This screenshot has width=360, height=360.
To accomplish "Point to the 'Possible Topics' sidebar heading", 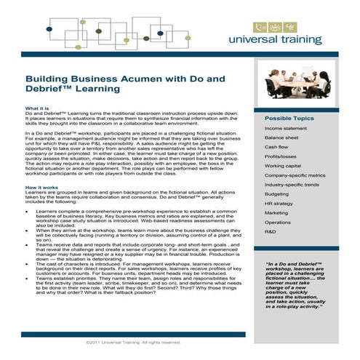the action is pyautogui.click(x=289, y=118).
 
